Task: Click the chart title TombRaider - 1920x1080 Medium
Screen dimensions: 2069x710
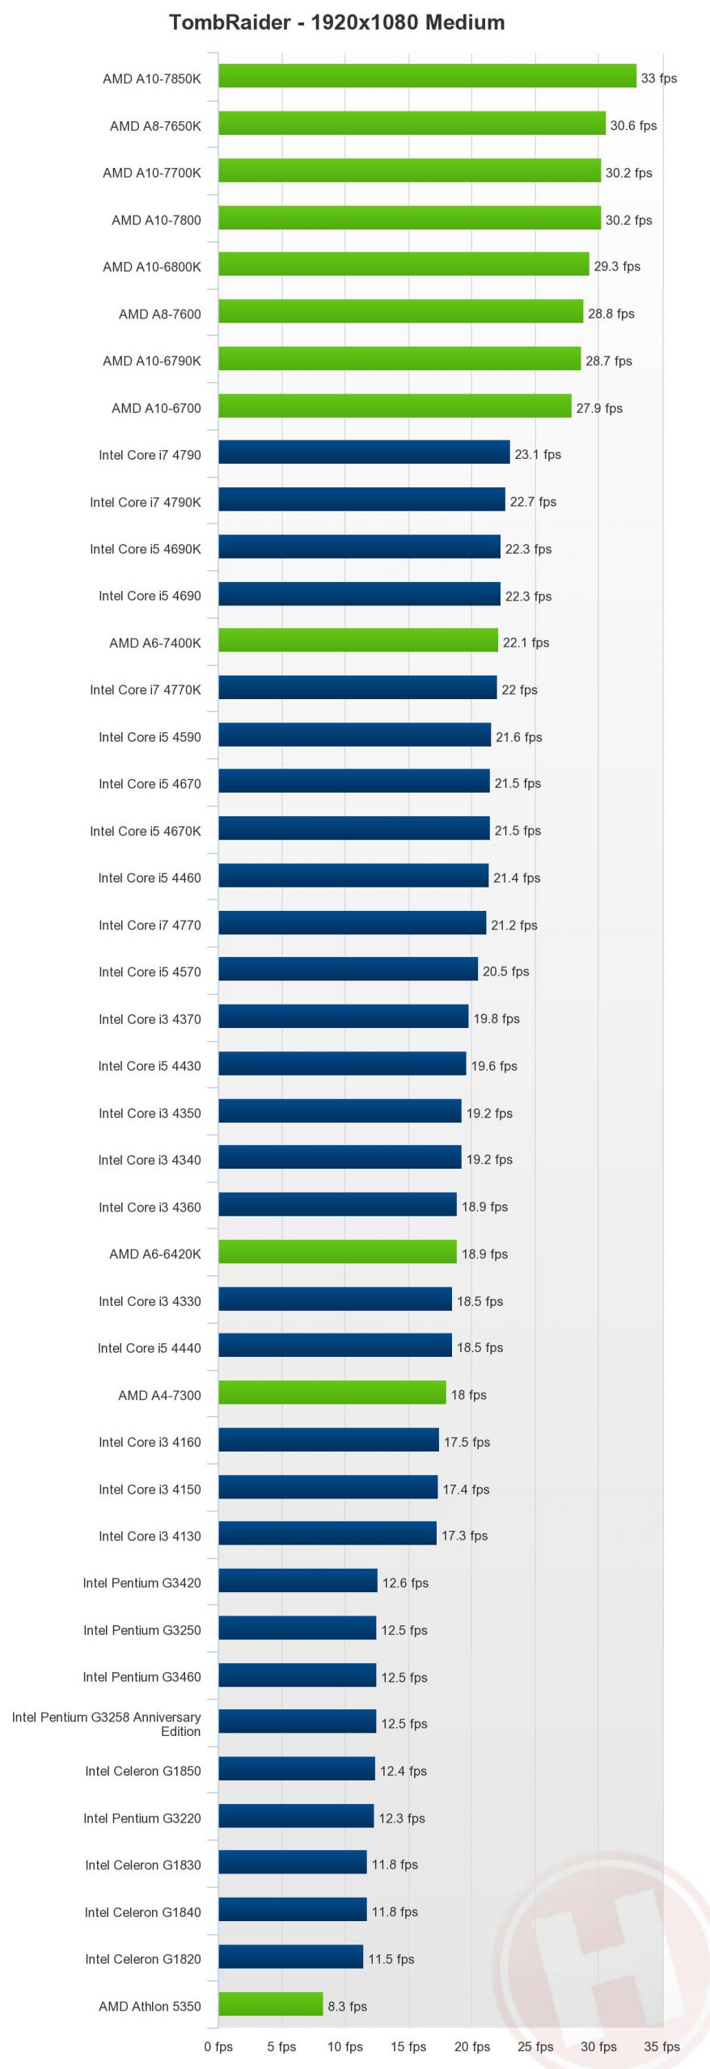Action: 336,23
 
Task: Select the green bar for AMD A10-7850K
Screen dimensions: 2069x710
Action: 427,76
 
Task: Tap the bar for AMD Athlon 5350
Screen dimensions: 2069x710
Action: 270,2004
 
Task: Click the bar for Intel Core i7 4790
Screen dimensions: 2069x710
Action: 364,453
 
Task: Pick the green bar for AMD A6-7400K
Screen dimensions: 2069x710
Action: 357,641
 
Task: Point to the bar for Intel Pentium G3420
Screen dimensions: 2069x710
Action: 298,1581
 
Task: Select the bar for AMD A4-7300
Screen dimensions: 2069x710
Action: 332,1393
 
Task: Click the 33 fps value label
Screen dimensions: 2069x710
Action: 658,78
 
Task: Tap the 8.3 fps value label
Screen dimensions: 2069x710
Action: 347,2006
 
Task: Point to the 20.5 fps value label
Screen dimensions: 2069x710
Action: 505,971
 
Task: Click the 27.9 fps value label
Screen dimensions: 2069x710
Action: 598,408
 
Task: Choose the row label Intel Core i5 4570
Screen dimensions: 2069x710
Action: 150,971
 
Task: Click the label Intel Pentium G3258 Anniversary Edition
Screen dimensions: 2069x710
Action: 107,1723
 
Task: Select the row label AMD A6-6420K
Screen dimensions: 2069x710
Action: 155,1254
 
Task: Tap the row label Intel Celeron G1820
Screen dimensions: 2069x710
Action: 142,1959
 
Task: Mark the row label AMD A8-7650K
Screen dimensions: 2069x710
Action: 155,126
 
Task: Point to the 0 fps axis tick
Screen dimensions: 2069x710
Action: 218,2046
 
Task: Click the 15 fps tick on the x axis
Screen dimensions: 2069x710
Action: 408,2046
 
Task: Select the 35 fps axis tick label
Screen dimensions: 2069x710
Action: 661,2046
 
